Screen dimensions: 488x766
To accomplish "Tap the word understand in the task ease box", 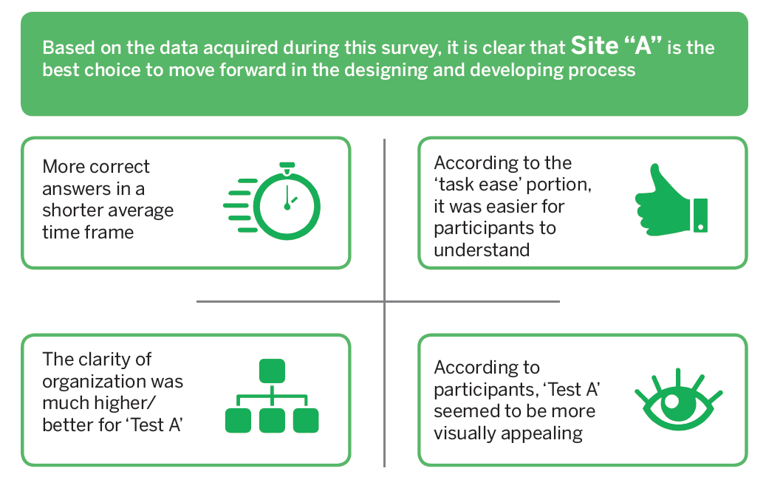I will (482, 250).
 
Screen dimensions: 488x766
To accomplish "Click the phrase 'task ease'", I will (485, 184).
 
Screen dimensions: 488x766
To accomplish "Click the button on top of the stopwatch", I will (287, 164).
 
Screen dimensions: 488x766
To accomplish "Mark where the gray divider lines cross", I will (385, 301).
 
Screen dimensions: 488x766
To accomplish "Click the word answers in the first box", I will (72, 188).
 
